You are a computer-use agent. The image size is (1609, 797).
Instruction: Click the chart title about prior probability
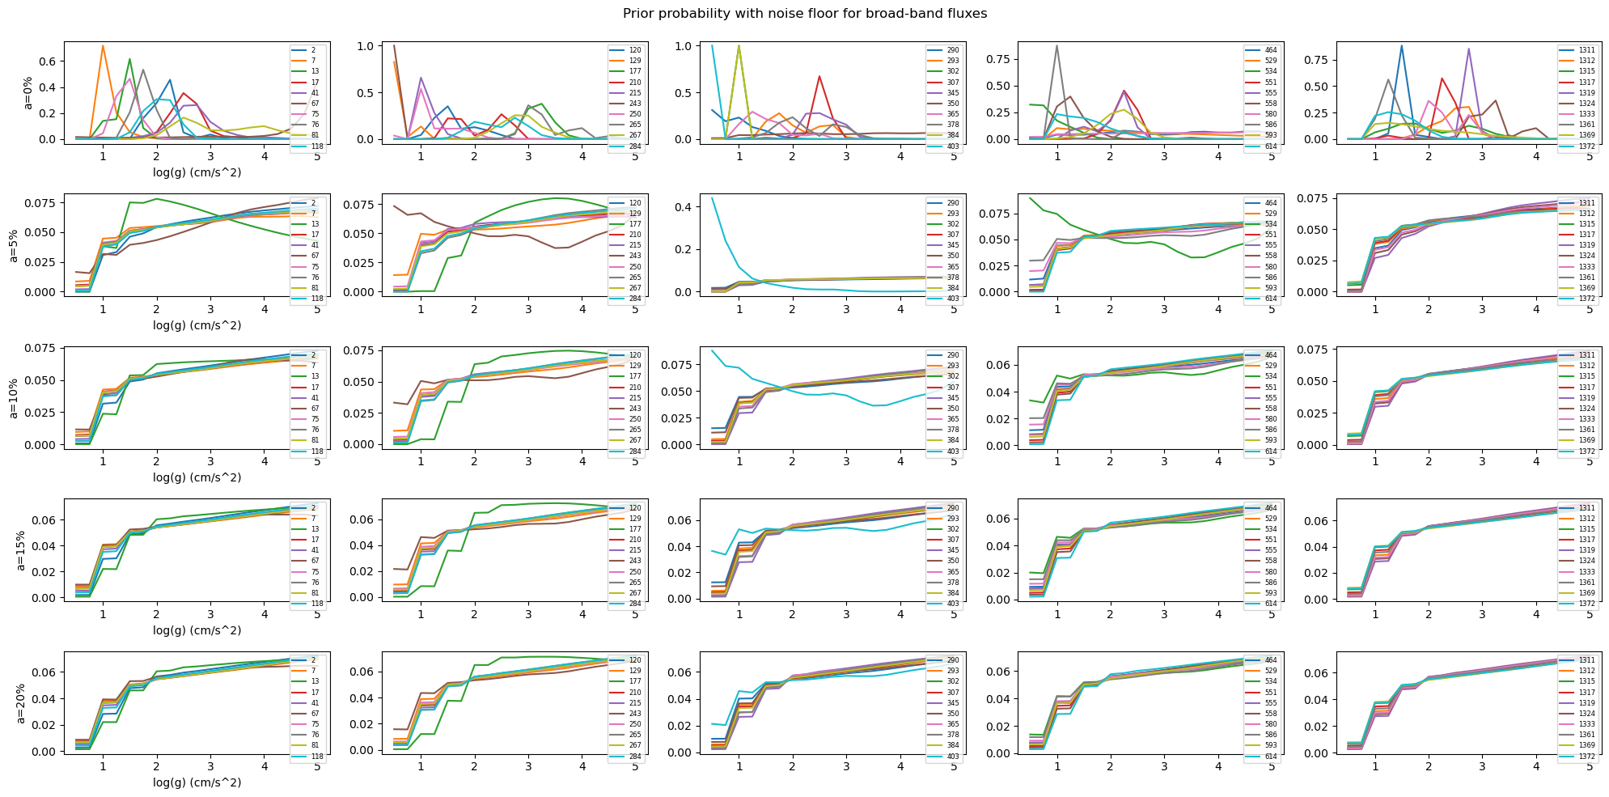805,14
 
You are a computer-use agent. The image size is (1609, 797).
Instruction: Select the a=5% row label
15,245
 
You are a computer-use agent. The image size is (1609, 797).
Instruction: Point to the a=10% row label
15,397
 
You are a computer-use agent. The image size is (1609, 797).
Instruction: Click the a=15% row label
20,550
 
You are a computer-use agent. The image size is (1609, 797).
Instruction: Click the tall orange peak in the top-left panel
103,46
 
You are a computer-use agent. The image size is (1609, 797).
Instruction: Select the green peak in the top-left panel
129,59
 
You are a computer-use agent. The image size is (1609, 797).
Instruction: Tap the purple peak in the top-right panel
1468,49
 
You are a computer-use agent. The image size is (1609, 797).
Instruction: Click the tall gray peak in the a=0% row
1056,46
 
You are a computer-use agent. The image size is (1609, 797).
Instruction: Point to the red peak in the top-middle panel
819,77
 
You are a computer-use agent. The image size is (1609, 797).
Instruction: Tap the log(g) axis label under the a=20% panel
197,782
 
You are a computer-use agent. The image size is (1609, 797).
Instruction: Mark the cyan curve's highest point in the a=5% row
712,198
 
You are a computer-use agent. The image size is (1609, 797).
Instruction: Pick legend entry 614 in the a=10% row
1264,451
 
